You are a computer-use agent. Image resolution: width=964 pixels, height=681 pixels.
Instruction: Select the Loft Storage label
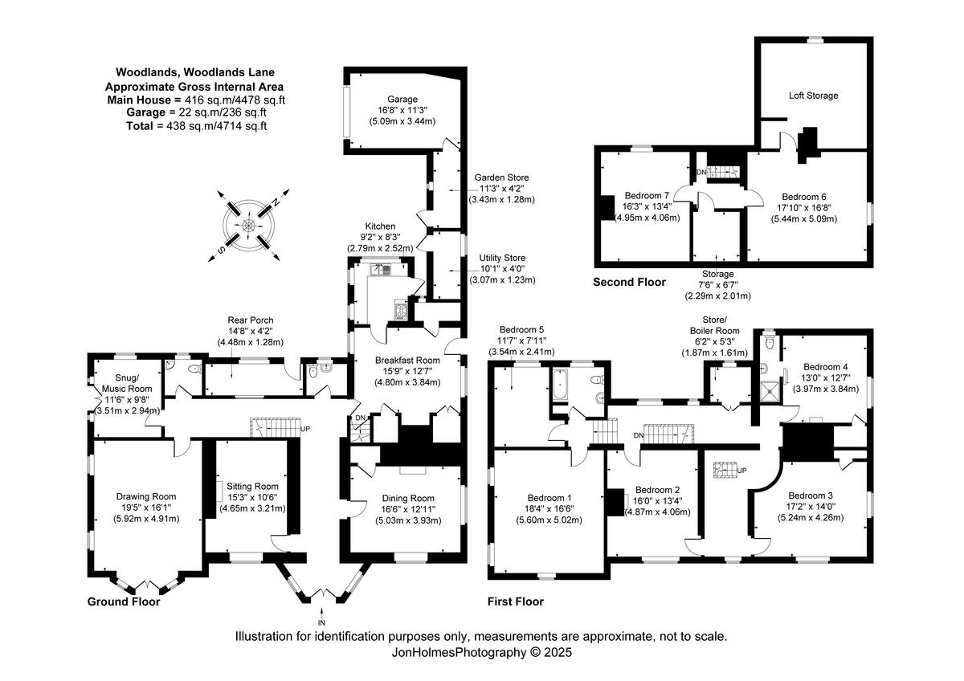click(x=813, y=96)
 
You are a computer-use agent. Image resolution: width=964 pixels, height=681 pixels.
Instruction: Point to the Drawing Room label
click(x=145, y=496)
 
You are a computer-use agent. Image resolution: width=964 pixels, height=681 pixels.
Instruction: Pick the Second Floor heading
click(x=629, y=282)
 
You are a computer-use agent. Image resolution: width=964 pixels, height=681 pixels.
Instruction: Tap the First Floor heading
click(x=515, y=601)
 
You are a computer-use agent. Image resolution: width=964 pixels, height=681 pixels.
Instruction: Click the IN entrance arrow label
click(x=321, y=622)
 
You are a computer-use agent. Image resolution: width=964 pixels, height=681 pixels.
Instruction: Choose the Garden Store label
click(x=501, y=177)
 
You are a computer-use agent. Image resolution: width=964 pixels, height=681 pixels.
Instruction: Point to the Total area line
click(x=196, y=125)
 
